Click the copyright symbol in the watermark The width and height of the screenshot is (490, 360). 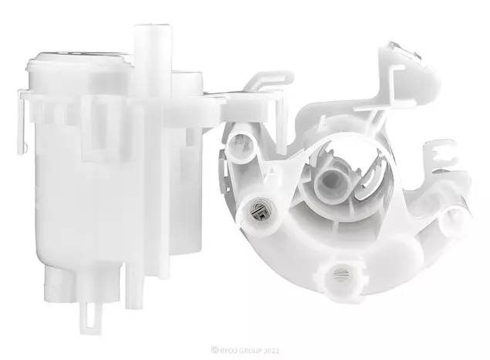click(215, 350)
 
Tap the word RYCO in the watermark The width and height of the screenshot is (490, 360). click(228, 350)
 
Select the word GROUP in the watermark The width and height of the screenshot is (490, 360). click(250, 350)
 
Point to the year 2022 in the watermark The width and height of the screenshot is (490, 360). click(271, 350)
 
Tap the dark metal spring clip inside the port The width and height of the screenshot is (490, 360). click(259, 210)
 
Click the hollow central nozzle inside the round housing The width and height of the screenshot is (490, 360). click(329, 185)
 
